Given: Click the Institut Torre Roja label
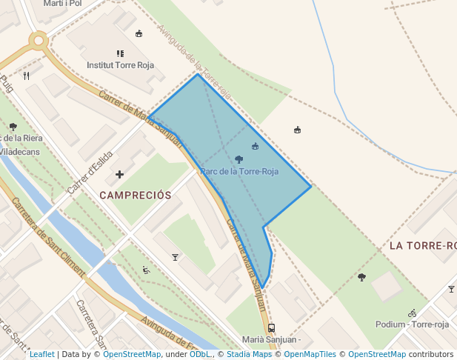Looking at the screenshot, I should point(120,65).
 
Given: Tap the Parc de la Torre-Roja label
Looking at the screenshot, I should point(238,171).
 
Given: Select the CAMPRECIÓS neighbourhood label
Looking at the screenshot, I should point(135,196).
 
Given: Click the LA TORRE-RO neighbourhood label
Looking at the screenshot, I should point(422,245).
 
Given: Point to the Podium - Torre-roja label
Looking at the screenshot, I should point(412,324).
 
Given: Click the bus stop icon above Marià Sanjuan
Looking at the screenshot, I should point(271,327).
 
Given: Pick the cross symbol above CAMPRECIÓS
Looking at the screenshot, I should point(119,175).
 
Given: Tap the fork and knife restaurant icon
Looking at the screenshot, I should point(27,76).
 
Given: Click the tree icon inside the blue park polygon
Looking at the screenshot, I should point(238,159).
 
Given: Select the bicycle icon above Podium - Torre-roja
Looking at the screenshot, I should point(412,313).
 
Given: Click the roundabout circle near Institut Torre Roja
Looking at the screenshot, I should point(39,41).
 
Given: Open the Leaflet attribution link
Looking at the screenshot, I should point(41,354).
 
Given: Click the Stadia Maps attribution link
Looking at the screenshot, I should point(248,354).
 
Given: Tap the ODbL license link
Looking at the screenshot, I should point(201,354).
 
